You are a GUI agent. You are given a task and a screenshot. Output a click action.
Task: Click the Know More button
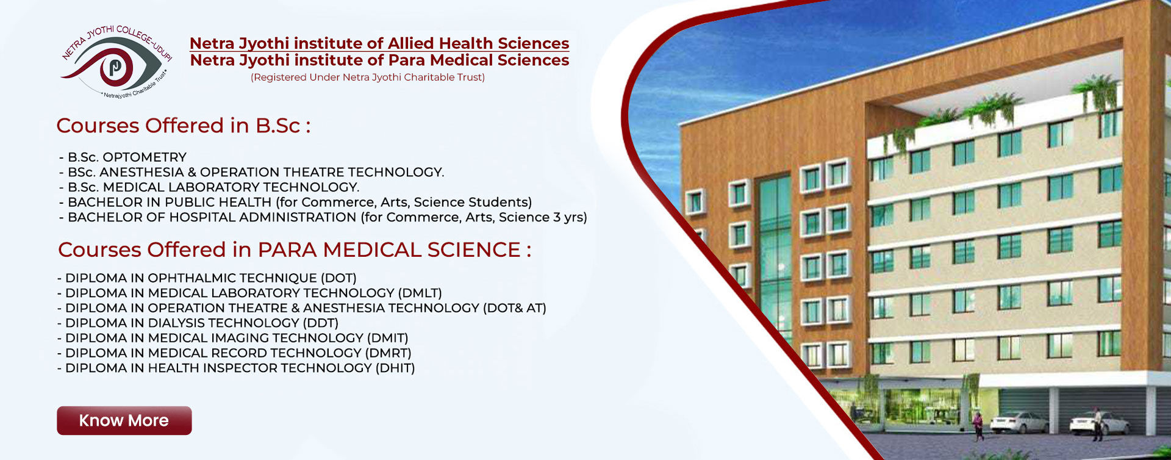(x=124, y=420)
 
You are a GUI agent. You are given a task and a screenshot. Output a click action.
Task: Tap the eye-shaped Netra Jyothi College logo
(x=116, y=61)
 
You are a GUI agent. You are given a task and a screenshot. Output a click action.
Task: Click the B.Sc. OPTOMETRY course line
(x=123, y=157)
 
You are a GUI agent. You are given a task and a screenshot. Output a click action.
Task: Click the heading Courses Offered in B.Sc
(x=184, y=126)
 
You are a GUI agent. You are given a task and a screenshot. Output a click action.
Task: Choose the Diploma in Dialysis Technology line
(x=198, y=323)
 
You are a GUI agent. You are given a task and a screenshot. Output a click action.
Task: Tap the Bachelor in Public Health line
(x=295, y=203)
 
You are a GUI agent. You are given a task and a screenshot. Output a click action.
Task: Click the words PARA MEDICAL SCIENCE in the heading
(x=389, y=250)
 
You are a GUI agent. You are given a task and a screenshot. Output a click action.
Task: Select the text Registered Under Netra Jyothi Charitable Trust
(x=368, y=77)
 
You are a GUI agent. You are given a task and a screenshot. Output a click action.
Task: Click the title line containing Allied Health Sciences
(x=379, y=43)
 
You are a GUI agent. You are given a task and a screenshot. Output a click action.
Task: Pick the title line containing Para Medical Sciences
(x=379, y=60)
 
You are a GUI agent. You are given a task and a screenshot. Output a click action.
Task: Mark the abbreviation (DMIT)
(x=387, y=339)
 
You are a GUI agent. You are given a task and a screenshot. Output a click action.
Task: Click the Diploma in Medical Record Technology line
(x=234, y=353)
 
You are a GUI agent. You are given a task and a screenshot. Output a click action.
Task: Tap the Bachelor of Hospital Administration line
(x=323, y=217)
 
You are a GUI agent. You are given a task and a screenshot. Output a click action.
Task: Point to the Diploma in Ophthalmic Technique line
(x=207, y=278)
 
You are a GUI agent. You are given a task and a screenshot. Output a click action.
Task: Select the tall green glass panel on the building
(x=776, y=262)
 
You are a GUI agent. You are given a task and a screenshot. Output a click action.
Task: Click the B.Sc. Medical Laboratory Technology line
(x=209, y=187)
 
